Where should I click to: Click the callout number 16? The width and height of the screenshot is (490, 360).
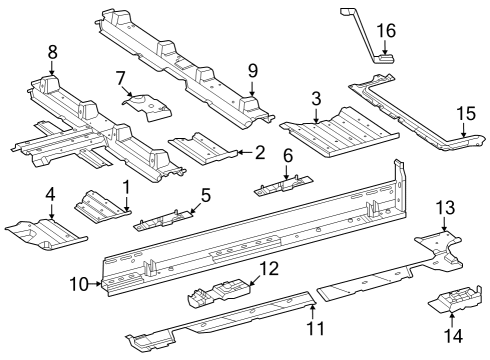[386, 31]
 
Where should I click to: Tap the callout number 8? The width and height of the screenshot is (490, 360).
[52, 52]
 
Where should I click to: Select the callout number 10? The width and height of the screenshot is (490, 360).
[79, 285]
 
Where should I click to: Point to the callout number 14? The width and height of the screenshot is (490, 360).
[453, 335]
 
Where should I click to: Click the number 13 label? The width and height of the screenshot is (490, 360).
[445, 208]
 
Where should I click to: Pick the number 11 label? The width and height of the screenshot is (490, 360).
[315, 328]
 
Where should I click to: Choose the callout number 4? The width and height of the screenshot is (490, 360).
[50, 195]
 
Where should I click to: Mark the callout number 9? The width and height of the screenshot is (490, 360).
[253, 71]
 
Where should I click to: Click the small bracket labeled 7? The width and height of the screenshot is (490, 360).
[147, 107]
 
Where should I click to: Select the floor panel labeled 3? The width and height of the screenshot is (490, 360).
[340, 132]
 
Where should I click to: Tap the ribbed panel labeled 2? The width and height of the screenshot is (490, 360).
[203, 148]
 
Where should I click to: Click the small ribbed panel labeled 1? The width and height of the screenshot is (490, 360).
[102, 206]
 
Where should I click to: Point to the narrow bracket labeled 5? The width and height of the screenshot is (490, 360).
[163, 220]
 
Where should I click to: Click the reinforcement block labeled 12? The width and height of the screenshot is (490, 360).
[219, 292]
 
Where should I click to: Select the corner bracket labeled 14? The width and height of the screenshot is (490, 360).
[455, 299]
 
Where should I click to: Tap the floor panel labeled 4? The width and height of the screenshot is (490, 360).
[46, 234]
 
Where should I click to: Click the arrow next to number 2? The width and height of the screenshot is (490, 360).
[245, 153]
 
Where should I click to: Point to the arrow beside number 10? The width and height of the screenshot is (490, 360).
[95, 284]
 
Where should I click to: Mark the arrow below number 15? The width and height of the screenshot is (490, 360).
[464, 129]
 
